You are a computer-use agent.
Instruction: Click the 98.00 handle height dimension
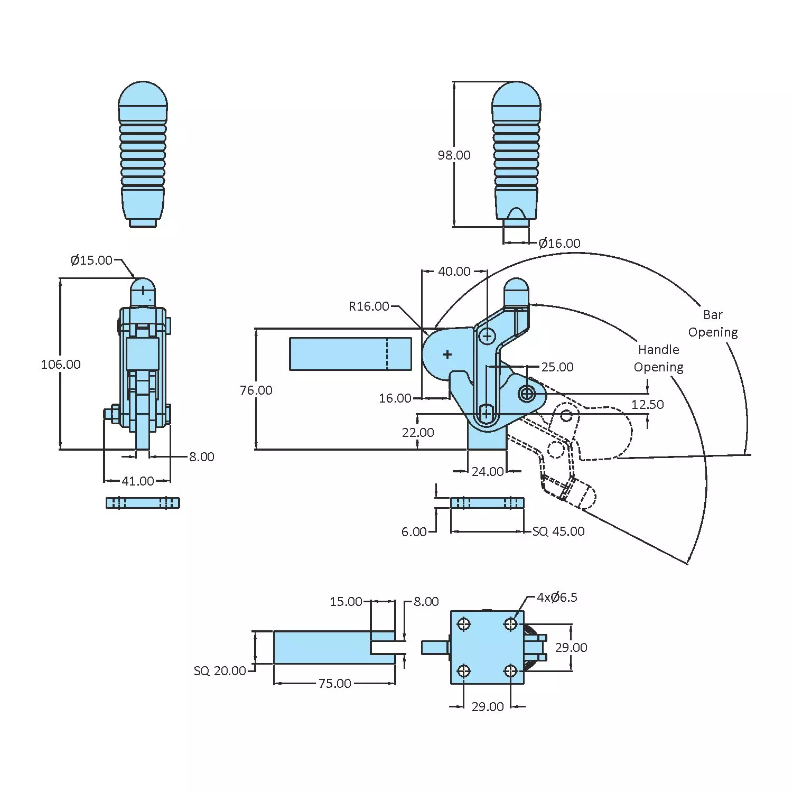click(x=454, y=155)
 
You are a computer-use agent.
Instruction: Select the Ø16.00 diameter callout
click(x=559, y=243)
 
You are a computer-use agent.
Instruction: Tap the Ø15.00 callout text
click(x=91, y=260)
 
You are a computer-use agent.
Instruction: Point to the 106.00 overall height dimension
click(x=61, y=364)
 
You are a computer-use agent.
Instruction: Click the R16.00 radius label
click(x=369, y=306)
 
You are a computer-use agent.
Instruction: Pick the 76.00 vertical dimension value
click(x=256, y=390)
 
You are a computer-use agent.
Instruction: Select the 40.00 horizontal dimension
click(x=454, y=271)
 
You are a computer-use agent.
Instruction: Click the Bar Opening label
click(x=713, y=323)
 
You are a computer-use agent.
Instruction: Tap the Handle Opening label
click(x=658, y=358)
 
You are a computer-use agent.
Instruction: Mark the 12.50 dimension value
click(x=647, y=404)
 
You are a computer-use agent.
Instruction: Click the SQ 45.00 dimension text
click(x=558, y=531)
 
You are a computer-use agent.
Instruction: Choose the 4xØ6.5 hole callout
click(x=557, y=597)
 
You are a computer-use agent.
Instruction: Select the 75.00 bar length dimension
click(x=334, y=683)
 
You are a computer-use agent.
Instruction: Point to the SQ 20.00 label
click(x=220, y=670)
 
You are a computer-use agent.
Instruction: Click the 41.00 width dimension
click(x=138, y=481)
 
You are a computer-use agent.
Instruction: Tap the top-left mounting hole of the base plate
click(x=464, y=624)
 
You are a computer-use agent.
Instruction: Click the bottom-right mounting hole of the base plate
click(x=510, y=671)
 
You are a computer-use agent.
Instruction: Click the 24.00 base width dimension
click(x=487, y=471)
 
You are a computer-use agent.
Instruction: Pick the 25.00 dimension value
click(x=557, y=367)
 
